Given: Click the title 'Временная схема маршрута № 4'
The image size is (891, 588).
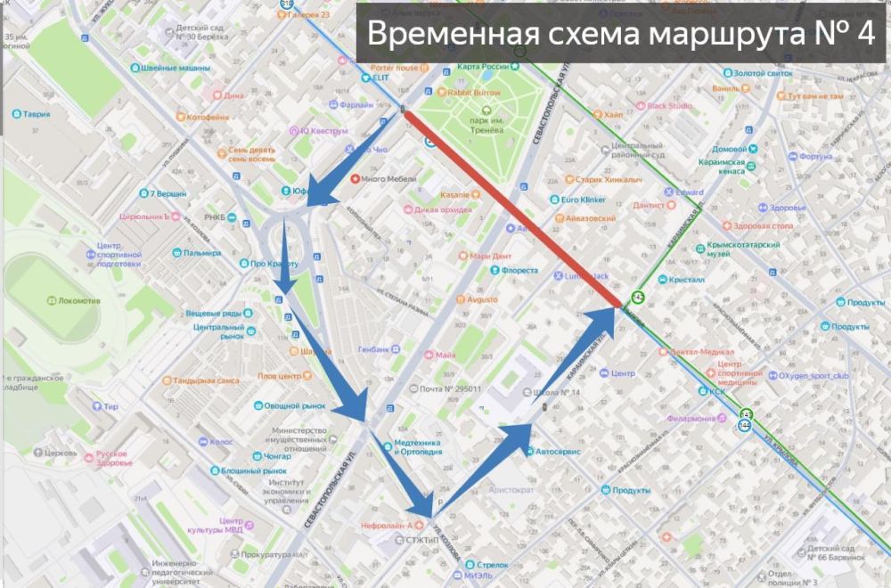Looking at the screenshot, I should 620,34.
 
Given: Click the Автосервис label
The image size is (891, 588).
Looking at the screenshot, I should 557,452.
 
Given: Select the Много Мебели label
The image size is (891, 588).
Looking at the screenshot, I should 390,179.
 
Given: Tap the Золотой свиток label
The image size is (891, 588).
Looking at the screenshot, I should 762,73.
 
